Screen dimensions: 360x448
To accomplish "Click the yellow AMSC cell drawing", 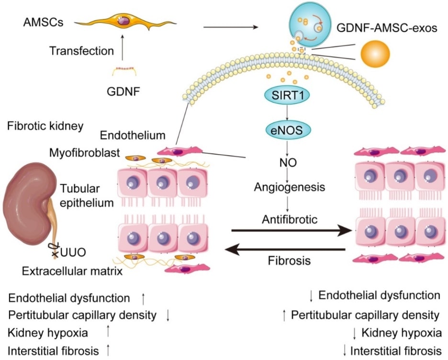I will pos(124,22).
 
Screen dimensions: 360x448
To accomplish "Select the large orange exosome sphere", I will pos(376,51).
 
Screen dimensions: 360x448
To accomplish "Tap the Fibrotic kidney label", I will pos(45,126).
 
